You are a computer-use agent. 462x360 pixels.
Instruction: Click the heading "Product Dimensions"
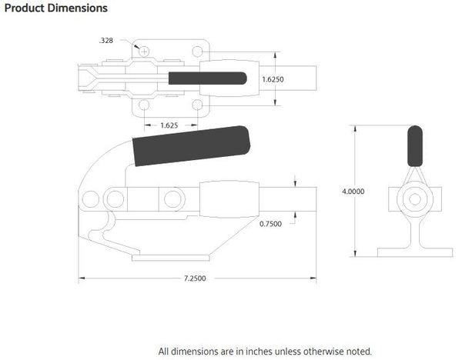coord(56,8)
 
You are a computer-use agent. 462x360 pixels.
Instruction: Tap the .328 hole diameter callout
coord(106,39)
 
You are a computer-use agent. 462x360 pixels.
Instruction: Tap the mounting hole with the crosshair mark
coord(143,52)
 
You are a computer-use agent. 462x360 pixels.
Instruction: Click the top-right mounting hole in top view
coord(198,52)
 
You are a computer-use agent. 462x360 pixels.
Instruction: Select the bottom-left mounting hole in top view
coord(143,105)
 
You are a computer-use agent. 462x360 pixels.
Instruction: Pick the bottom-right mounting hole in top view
coord(198,105)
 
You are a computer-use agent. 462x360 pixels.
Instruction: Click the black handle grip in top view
coord(206,78)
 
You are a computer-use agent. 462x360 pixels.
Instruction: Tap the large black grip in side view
coord(192,145)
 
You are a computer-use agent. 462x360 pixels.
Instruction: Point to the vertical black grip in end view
coord(414,145)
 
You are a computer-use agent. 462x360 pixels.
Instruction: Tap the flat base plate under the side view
coord(173,257)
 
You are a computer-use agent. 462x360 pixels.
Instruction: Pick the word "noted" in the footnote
coord(357,351)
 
